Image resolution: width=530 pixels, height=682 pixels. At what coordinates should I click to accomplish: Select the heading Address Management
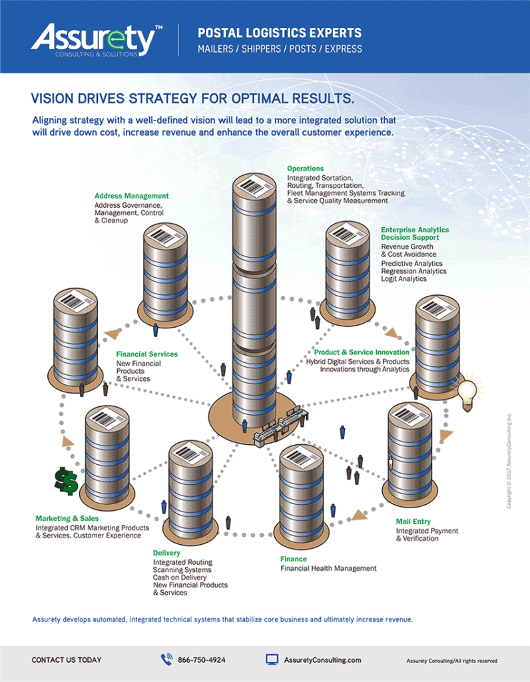pyautogui.click(x=131, y=196)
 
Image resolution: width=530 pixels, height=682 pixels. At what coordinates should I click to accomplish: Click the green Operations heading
pyautogui.click(x=305, y=169)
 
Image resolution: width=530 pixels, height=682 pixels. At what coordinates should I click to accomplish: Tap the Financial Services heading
pyautogui.click(x=146, y=354)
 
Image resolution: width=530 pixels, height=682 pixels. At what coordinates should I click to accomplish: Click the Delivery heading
pyautogui.click(x=166, y=553)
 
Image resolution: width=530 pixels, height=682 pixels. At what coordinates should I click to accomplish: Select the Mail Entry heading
pyautogui.click(x=413, y=521)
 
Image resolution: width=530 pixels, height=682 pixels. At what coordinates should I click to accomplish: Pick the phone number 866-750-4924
pyautogui.click(x=201, y=660)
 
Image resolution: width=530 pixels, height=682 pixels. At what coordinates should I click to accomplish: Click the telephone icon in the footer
pyautogui.click(x=166, y=659)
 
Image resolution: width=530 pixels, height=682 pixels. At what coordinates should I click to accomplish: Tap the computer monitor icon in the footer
pyautogui.click(x=272, y=659)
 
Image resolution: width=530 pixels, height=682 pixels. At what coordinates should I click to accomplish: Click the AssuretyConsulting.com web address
pyautogui.click(x=322, y=660)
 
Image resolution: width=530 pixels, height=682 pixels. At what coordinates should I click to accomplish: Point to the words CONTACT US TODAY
pyautogui.click(x=67, y=660)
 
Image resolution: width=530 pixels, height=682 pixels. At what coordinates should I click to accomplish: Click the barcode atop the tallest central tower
pyautogui.click(x=253, y=185)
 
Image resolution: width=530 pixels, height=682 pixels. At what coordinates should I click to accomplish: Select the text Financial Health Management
pyautogui.click(x=328, y=568)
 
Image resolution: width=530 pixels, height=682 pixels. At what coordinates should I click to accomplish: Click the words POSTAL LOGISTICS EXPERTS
pyautogui.click(x=280, y=33)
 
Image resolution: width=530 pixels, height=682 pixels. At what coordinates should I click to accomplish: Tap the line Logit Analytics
pyautogui.click(x=403, y=279)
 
